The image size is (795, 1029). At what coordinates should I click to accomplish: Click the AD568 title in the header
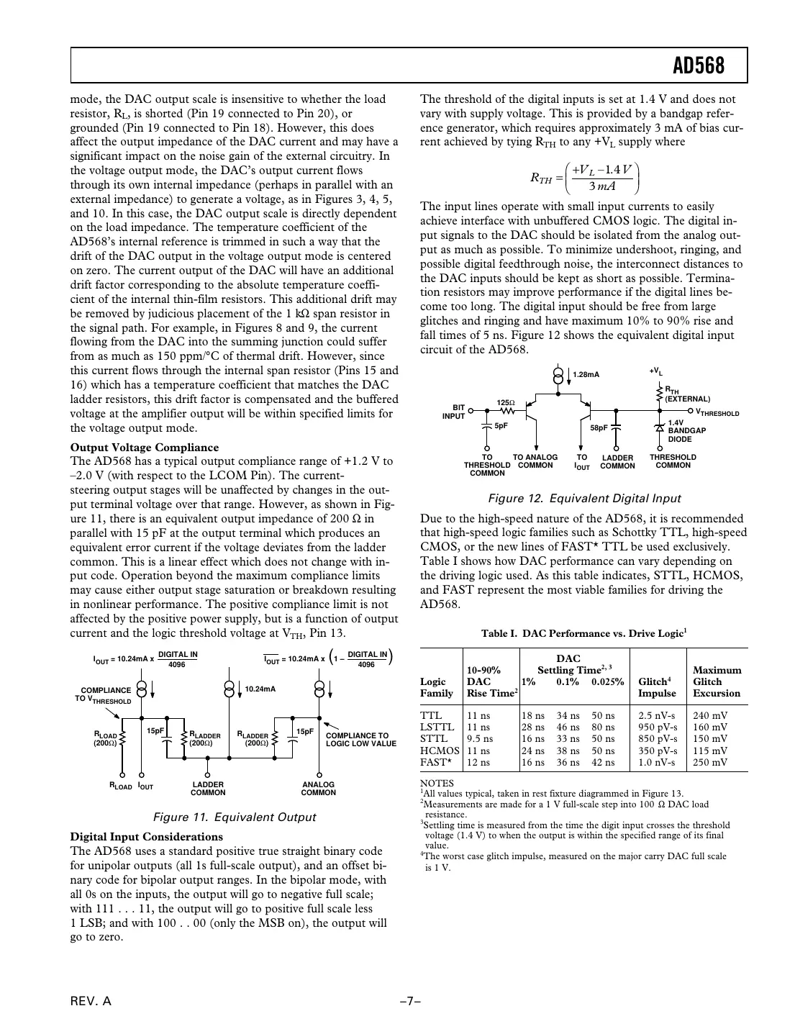pos(699,67)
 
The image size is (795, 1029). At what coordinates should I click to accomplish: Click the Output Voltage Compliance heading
pos(144,447)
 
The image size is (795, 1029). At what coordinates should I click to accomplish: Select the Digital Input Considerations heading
pos(146,836)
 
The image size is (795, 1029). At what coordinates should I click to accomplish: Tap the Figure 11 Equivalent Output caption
pos(235,817)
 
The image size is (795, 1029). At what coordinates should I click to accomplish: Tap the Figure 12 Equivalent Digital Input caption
pos(584,498)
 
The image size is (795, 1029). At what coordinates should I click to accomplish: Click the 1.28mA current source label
pos(586,374)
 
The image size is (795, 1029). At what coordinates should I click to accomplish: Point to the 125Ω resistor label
pos(506,402)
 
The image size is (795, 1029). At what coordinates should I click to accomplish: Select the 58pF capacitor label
pos(599,427)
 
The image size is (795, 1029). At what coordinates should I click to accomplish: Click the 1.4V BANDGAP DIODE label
pos(687,431)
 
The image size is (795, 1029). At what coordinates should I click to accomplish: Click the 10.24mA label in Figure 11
pos(260,689)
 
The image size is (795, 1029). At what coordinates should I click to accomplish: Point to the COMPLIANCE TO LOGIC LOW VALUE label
pos(360,739)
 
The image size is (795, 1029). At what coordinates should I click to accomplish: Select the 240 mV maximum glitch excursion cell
pos(709,715)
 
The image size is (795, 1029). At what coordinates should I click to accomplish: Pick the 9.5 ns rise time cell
pos(480,738)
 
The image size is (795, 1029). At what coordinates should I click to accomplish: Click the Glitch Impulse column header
pos(657,687)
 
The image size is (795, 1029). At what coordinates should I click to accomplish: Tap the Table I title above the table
pos(583,633)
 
